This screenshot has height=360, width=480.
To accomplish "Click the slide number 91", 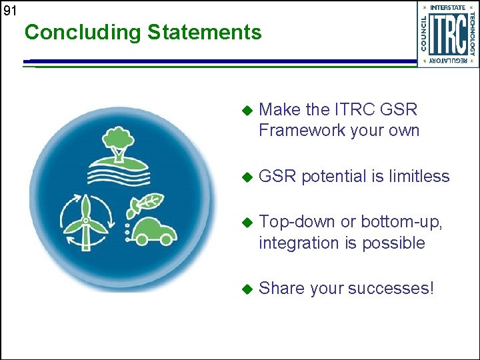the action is (x=9, y=11).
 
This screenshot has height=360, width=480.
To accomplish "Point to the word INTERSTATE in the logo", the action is (x=447, y=7).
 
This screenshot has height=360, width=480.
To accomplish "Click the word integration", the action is (x=298, y=243).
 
